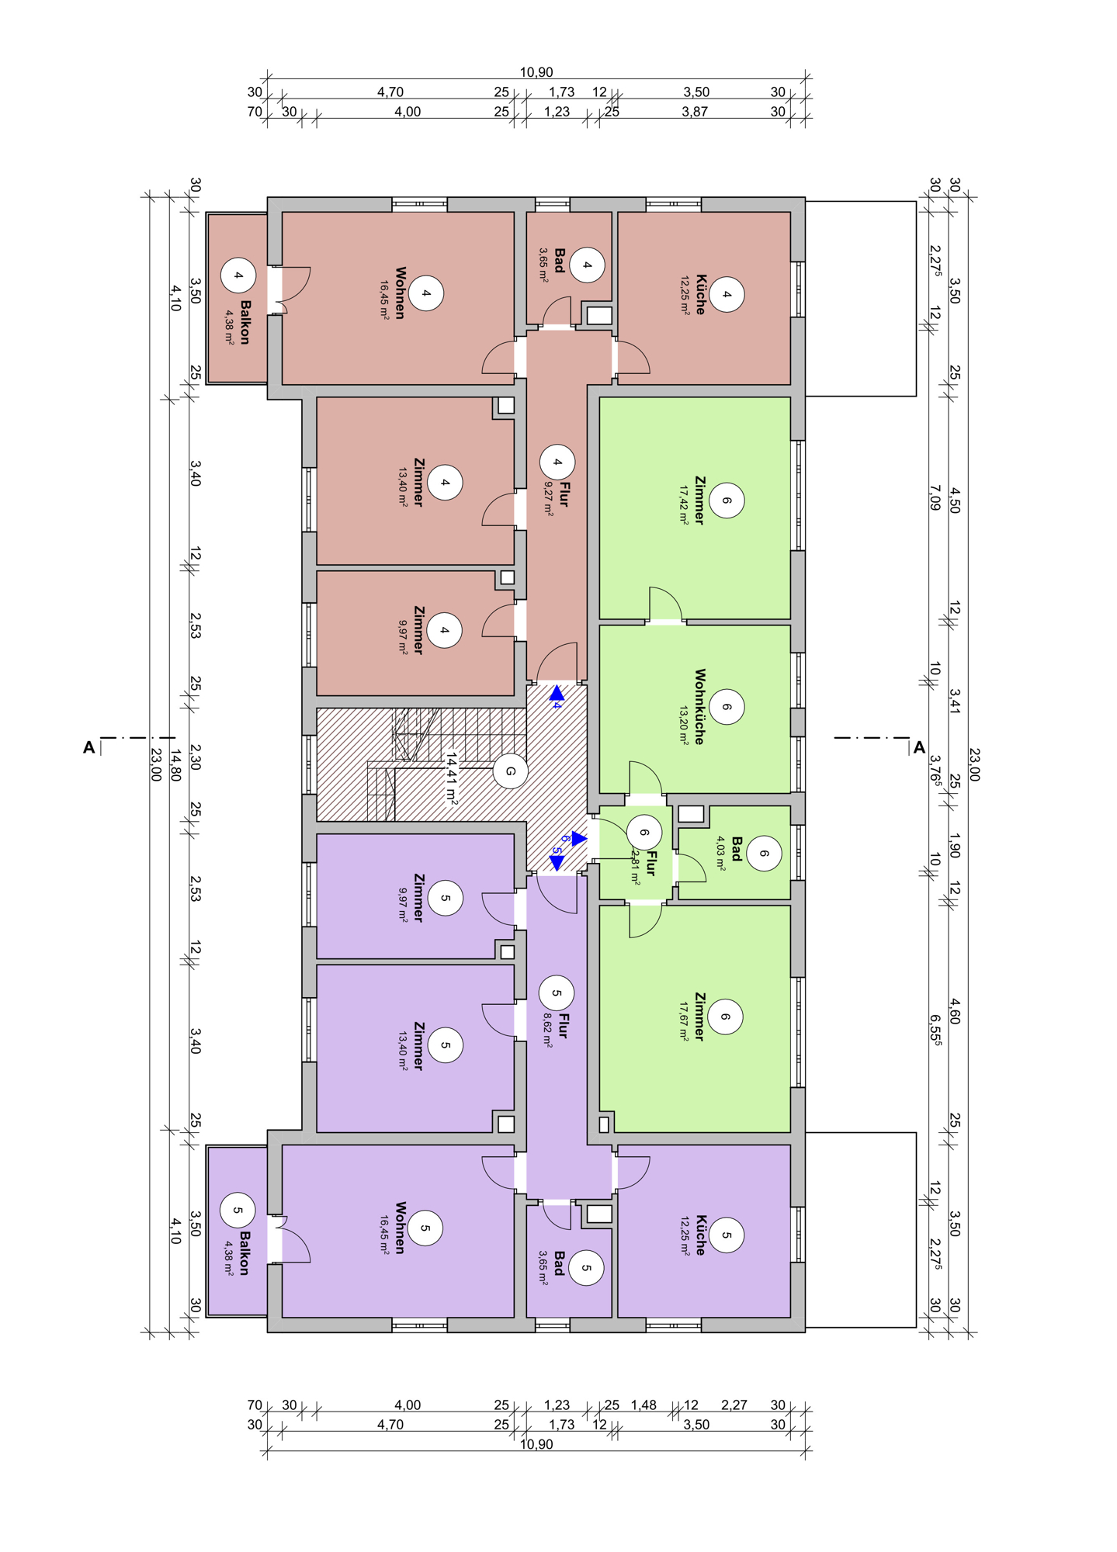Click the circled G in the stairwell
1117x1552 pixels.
pos(511,771)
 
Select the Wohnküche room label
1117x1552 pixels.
pos(700,707)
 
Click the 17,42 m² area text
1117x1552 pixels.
pos(684,506)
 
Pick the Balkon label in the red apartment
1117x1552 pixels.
pos(245,322)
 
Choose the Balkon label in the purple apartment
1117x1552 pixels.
pos(245,1252)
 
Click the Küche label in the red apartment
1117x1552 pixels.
pos(701,294)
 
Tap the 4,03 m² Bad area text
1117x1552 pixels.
pos(721,854)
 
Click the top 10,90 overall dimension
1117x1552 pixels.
pos(536,72)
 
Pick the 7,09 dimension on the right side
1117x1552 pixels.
pos(935,497)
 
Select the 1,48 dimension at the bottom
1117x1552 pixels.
pos(643,1405)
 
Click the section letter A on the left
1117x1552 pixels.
pos(89,747)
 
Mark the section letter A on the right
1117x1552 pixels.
pos(919,747)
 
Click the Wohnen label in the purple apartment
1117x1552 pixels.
pos(401,1228)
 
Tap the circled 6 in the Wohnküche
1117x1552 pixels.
pos(727,707)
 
